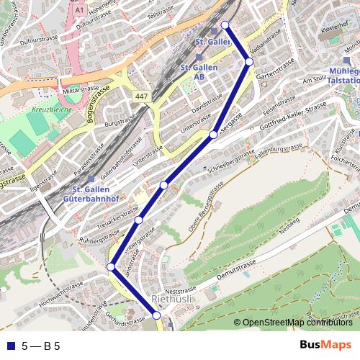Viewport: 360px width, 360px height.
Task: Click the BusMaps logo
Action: click(325, 345)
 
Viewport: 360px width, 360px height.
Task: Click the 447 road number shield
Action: click(141, 96)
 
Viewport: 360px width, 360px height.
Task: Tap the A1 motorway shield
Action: click(79, 11)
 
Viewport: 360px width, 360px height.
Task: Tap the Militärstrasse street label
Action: click(80, 90)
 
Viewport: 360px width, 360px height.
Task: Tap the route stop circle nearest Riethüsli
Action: click(157, 315)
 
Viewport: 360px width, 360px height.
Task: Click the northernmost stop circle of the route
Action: click(225, 25)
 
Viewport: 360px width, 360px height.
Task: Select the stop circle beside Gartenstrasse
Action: click(249, 62)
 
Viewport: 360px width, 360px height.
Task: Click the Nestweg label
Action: click(289, 225)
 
